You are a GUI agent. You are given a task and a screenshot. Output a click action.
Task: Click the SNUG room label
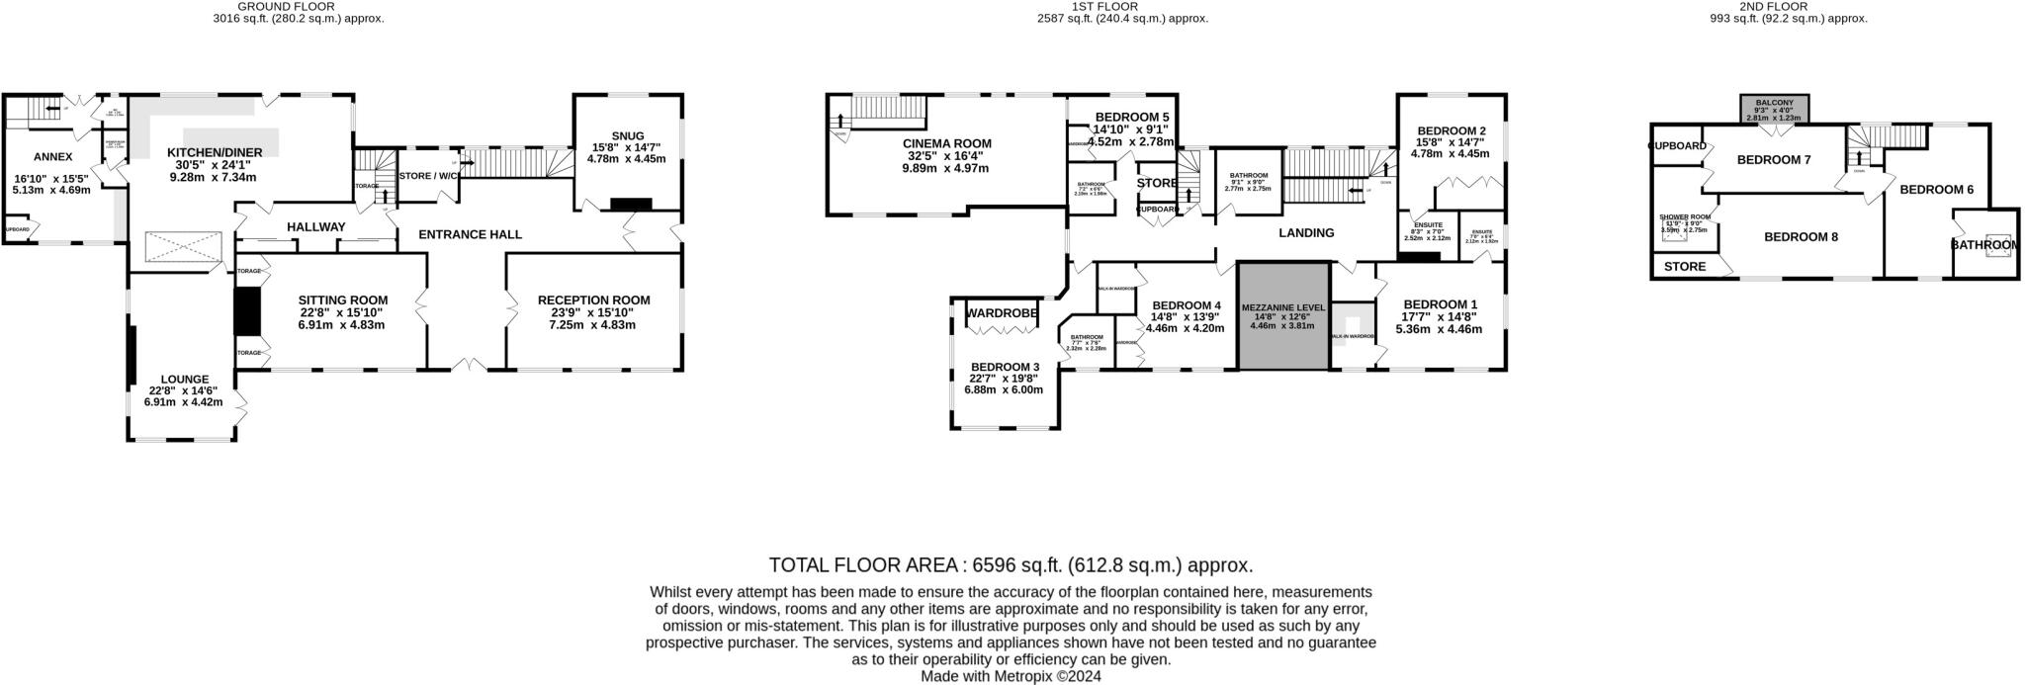(627, 136)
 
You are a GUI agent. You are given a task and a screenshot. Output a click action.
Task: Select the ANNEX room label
(52, 156)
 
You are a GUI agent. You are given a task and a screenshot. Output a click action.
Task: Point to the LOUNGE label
(185, 379)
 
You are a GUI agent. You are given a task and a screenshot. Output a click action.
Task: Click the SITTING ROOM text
(342, 300)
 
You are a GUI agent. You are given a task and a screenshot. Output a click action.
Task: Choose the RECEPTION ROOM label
(593, 300)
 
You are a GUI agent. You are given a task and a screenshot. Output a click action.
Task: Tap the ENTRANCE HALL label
(470, 234)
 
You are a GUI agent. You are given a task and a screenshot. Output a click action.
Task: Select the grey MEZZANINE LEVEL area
(1281, 316)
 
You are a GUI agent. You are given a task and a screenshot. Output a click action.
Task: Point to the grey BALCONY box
(1775, 109)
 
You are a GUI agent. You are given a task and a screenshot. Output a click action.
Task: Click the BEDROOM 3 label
(1004, 365)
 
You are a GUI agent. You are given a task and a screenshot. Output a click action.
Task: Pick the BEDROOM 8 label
(1801, 237)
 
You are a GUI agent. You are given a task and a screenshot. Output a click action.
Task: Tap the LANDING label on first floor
(1306, 233)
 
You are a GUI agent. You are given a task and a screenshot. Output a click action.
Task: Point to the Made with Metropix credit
(1011, 677)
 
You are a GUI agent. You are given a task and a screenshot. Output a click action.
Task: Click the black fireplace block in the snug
(631, 205)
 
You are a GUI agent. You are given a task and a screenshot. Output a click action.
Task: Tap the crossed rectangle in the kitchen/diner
(183, 247)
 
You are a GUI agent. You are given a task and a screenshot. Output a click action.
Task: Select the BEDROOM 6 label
(1936, 190)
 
